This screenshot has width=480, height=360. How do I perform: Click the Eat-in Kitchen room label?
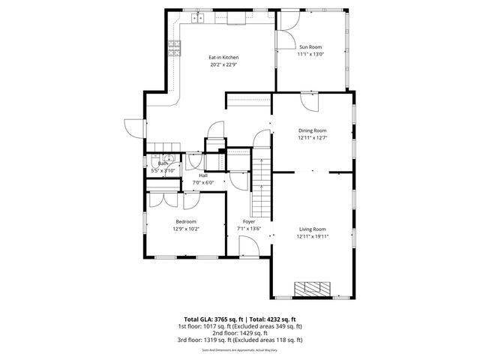click(x=223, y=57)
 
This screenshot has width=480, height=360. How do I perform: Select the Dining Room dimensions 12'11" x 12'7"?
click(x=312, y=138)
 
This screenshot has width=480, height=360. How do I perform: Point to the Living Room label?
click(x=312, y=229)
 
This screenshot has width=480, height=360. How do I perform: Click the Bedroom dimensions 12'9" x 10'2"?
click(x=186, y=229)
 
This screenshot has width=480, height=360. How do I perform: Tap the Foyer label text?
click(x=248, y=221)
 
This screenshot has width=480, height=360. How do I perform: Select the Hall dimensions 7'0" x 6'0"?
click(x=203, y=182)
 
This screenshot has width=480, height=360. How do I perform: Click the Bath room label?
click(x=162, y=163)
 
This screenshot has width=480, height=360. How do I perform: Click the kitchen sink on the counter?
click(x=199, y=17)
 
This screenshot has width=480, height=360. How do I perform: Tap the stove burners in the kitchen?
click(x=175, y=49)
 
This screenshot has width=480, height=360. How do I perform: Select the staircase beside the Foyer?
click(x=262, y=187)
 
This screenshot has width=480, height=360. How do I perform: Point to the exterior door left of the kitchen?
click(x=133, y=127)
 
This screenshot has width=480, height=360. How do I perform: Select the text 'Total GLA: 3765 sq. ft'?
click(x=206, y=319)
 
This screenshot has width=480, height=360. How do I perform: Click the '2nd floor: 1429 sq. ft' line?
click(x=240, y=333)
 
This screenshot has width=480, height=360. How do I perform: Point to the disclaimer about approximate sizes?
click(x=240, y=349)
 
